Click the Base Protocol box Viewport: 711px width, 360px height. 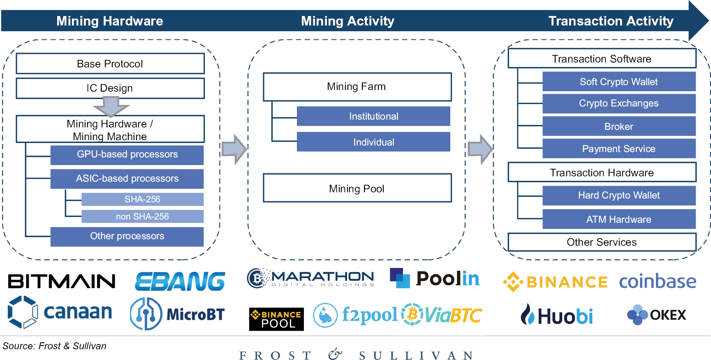(x=110, y=64)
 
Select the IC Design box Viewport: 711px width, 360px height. (x=110, y=88)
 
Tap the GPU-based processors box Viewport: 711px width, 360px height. (x=127, y=155)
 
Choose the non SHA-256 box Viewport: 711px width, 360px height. (x=142, y=216)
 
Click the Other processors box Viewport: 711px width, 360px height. (x=127, y=236)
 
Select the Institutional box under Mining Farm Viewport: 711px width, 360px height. (x=373, y=116)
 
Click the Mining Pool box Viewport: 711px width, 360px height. (x=357, y=188)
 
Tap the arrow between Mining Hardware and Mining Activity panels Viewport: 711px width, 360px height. (x=234, y=149)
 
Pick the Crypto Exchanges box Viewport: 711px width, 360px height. (x=619, y=104)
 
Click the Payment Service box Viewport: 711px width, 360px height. (x=619, y=149)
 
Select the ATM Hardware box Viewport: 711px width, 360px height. (x=619, y=219)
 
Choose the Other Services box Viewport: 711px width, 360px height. (x=602, y=242)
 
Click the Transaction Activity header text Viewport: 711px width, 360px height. (x=611, y=21)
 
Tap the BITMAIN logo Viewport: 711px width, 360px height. (x=62, y=282)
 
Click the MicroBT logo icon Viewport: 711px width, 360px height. (x=146, y=314)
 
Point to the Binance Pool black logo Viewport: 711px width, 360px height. (x=276, y=319)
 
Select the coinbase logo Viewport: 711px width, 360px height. (x=658, y=282)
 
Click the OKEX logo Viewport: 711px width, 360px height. (x=657, y=315)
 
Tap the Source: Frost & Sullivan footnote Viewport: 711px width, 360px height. (x=54, y=346)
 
